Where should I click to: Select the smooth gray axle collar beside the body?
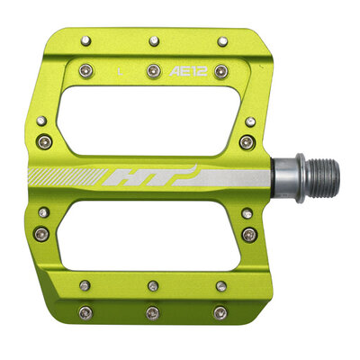tap(284, 172)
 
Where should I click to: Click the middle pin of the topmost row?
tap(154, 40)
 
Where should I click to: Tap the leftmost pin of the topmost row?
tap(85, 40)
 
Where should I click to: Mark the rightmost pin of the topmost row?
tap(221, 40)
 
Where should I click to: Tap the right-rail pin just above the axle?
tap(248, 142)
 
